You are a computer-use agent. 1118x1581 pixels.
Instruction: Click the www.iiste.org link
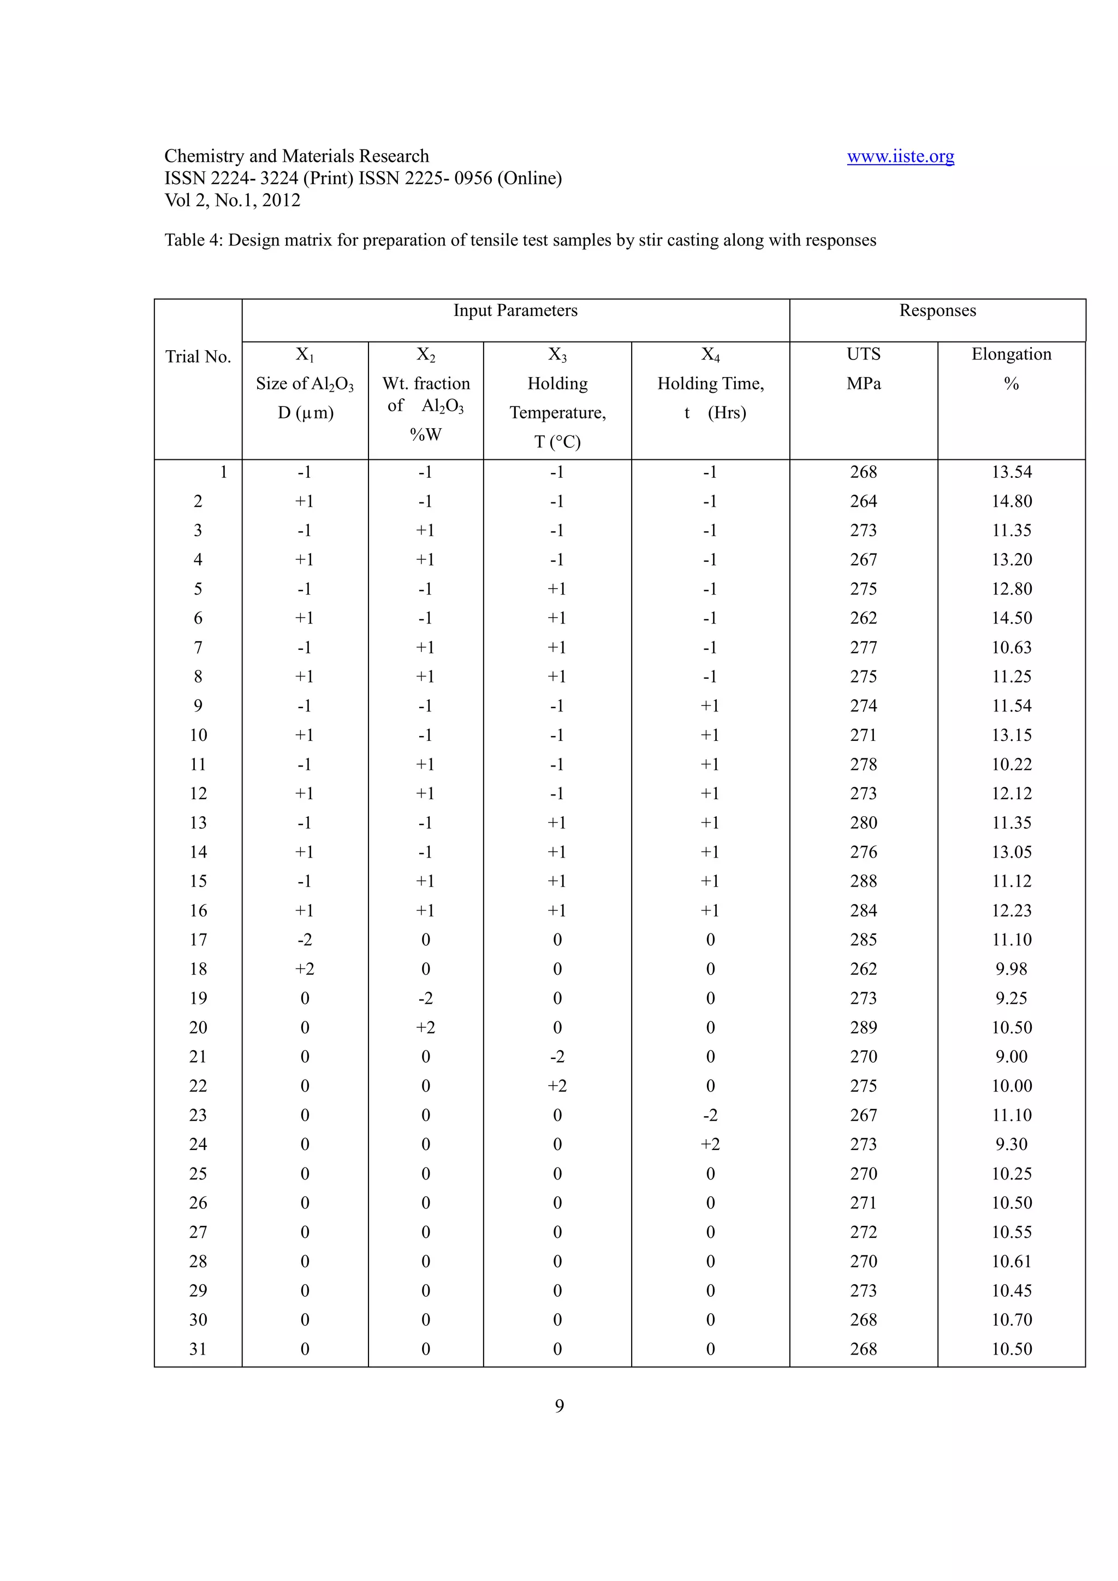900,157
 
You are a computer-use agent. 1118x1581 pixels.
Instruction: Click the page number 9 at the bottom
558,1405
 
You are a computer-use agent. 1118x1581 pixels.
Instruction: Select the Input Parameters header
515,310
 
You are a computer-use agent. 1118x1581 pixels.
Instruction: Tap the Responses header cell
937,310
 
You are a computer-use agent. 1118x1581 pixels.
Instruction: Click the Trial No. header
198,357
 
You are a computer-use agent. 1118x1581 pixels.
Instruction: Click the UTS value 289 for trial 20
863,1027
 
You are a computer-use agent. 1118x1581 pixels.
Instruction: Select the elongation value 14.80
1010,501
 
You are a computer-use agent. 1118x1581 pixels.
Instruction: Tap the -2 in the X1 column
305,940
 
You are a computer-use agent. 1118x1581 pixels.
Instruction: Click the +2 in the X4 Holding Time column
710,1145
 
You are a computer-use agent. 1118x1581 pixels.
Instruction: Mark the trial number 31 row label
198,1349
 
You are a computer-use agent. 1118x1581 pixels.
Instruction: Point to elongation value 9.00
1010,1057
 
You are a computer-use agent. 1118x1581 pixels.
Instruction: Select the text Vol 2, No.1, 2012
232,200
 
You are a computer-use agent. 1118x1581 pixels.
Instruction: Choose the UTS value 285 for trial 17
863,940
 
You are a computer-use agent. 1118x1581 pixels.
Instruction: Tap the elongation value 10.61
1010,1261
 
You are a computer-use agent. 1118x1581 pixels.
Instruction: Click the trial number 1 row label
223,472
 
